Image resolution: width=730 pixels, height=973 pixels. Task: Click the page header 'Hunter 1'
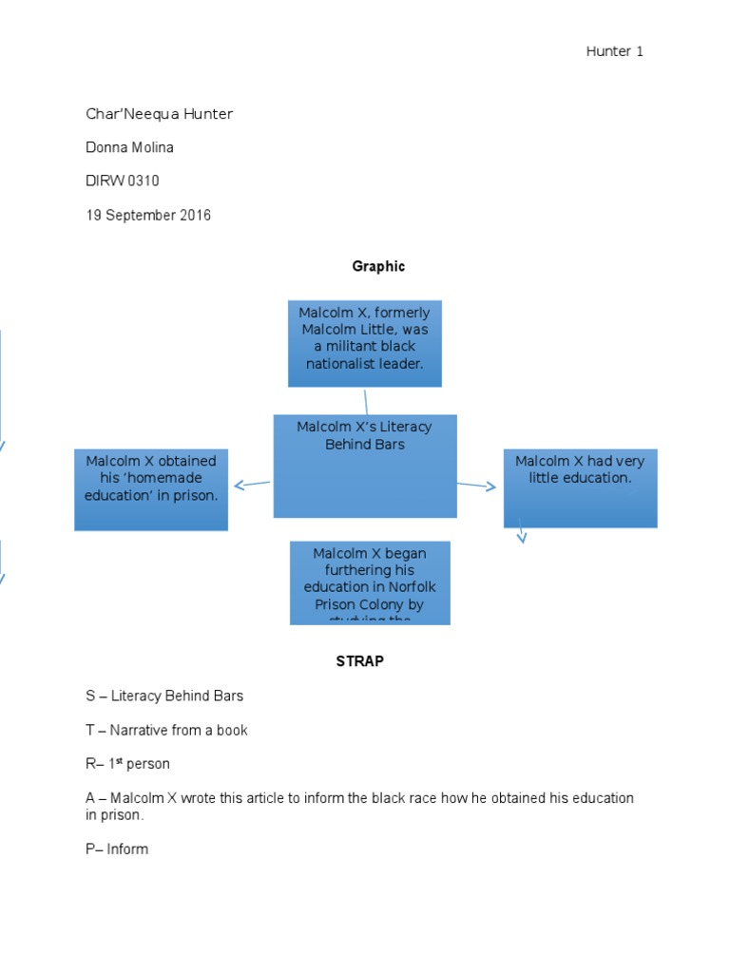click(x=614, y=51)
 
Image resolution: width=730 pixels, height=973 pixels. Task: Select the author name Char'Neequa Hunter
click(x=159, y=114)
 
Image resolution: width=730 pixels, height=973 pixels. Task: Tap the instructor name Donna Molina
click(x=130, y=147)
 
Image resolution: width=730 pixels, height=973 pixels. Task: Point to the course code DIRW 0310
click(x=123, y=181)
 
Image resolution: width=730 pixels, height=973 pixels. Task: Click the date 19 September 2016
click(x=148, y=215)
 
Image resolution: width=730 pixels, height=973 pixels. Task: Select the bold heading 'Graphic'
click(x=378, y=266)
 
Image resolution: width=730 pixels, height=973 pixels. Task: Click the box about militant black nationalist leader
click(x=365, y=343)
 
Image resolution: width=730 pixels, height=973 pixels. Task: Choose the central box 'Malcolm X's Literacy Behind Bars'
click(x=365, y=466)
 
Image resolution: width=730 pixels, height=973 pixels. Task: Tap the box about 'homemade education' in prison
click(x=151, y=489)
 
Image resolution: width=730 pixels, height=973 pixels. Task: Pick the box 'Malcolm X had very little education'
click(x=580, y=487)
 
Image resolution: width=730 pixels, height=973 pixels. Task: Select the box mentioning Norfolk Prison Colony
click(x=370, y=582)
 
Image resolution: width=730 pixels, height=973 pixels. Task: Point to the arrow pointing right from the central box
click(x=477, y=486)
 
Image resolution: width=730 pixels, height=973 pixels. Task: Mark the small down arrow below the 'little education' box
click(x=522, y=536)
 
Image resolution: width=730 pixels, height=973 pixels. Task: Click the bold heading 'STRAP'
click(x=359, y=661)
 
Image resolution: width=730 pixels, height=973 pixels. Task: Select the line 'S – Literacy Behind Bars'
click(x=164, y=696)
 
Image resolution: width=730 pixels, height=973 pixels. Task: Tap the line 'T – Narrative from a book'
click(x=166, y=730)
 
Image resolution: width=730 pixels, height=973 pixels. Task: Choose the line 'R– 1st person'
click(x=127, y=764)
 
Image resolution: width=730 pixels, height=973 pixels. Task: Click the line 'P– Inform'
click(x=117, y=849)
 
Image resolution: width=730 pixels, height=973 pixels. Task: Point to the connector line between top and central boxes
click(x=366, y=401)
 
